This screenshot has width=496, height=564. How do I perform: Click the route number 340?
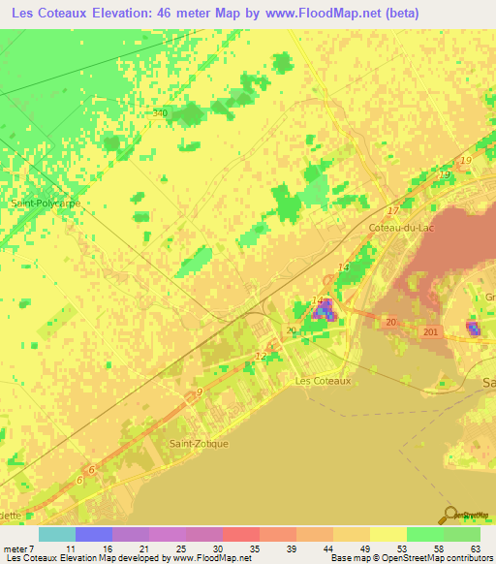pos(160,113)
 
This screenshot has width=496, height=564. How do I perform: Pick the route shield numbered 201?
pos(430,331)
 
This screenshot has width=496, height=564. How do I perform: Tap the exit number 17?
pos(392,210)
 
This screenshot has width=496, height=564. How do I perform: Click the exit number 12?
pos(260,356)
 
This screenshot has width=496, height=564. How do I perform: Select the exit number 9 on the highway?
pos(199,392)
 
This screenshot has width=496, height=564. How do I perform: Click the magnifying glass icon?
pos(450,515)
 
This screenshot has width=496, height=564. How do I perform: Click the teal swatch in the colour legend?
pos(56,534)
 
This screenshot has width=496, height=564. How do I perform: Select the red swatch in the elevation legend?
pos(240,534)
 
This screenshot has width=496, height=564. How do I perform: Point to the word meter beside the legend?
pos(16,549)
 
